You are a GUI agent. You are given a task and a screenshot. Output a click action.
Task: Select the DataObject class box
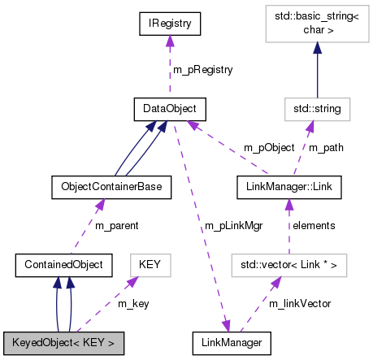[x=170, y=107]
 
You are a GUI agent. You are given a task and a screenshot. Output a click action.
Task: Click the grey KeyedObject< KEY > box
[x=63, y=343]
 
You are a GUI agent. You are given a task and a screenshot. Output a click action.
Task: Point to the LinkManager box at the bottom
[x=231, y=343]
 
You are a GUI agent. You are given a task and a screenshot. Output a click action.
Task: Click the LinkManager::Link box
[x=289, y=187]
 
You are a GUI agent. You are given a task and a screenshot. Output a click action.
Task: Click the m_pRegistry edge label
[x=203, y=69]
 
